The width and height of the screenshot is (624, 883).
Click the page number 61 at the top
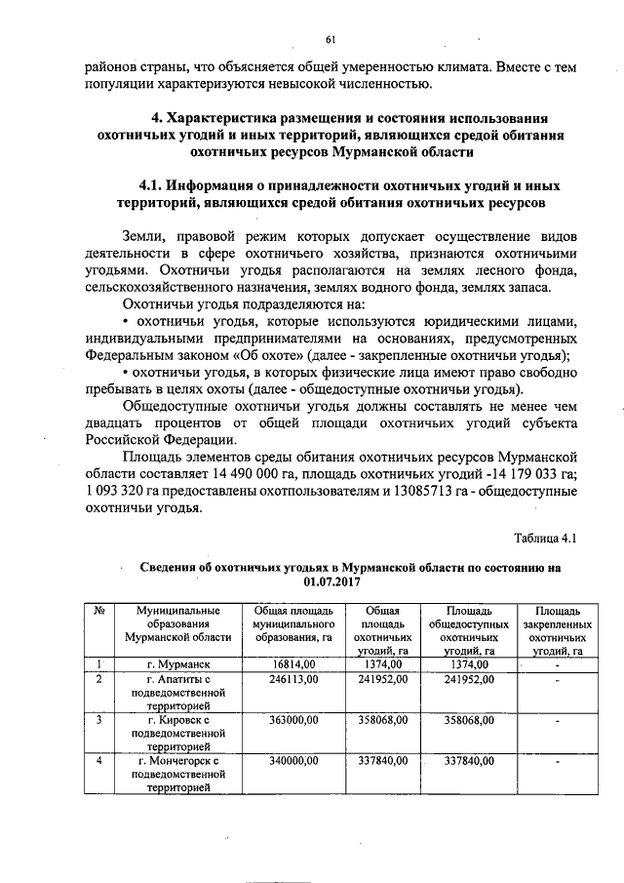point(331,40)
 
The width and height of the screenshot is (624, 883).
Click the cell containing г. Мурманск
point(174,664)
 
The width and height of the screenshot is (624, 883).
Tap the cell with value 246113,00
point(288,679)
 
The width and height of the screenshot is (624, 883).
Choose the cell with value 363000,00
point(288,720)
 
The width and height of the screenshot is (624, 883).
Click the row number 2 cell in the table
point(98,679)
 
